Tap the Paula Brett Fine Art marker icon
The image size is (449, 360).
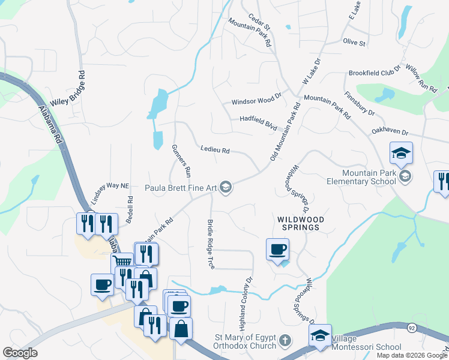(x=226, y=188)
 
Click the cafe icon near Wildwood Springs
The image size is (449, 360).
(x=277, y=248)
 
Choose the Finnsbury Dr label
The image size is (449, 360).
(x=359, y=103)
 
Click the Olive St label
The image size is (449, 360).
(x=354, y=43)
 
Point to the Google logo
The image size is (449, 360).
(x=20, y=353)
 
